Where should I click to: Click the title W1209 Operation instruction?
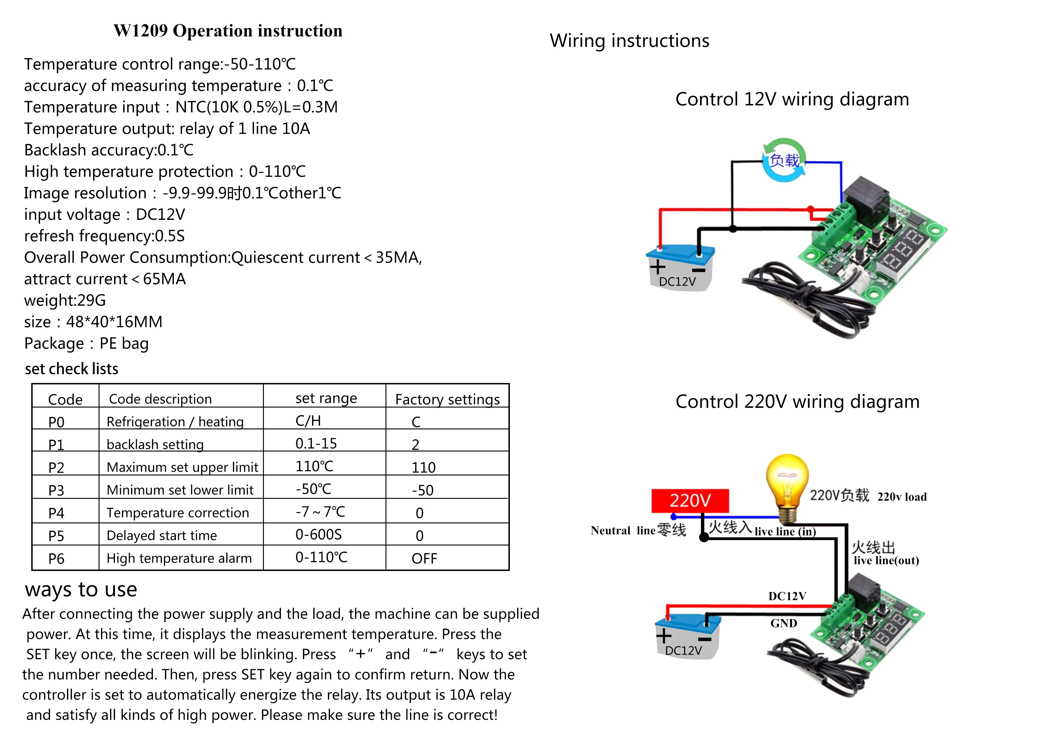pos(228,31)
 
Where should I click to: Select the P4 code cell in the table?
pos(56,513)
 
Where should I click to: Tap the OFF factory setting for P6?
pos(424,558)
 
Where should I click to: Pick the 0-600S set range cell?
pos(318,535)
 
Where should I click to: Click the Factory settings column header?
pos(447,399)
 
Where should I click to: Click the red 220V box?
pos(689,500)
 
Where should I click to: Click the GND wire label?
pos(784,623)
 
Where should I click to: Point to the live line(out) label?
pos(886,561)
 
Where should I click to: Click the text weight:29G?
pos(65,300)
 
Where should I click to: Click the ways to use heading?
pos(81,590)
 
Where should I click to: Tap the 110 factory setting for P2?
pos(423,467)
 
